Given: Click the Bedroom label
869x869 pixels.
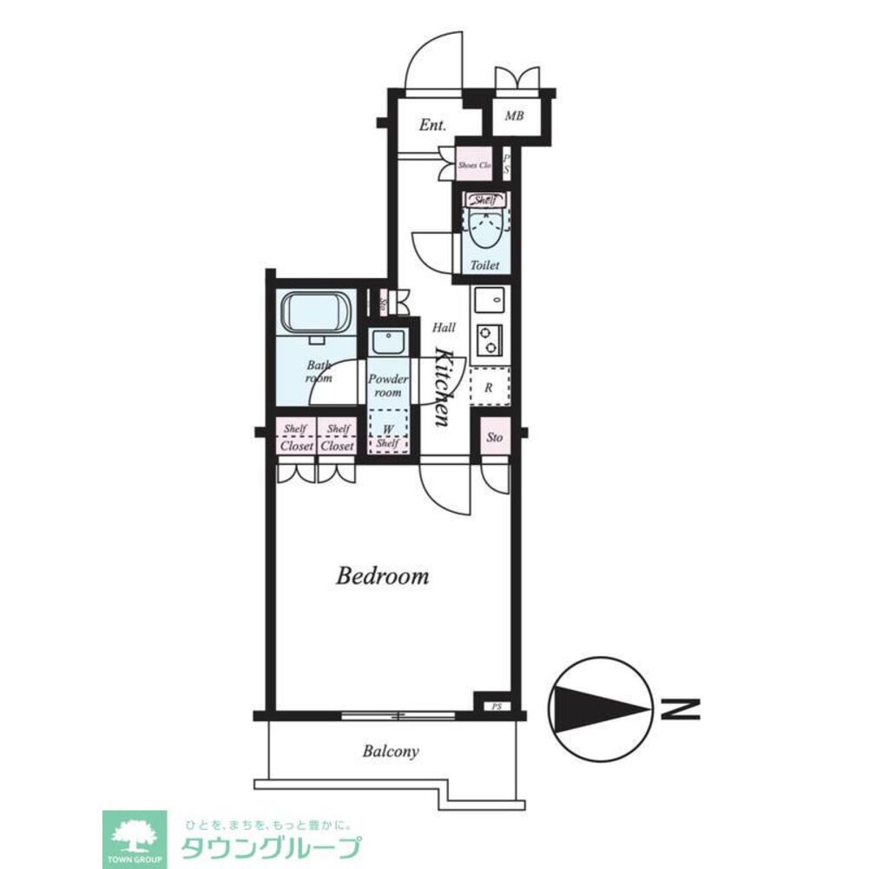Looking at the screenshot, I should tap(382, 575).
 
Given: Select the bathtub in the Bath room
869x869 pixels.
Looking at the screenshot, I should tap(313, 312).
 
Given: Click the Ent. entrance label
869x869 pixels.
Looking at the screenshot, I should tap(432, 125).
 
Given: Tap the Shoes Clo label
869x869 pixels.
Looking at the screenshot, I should tap(475, 164).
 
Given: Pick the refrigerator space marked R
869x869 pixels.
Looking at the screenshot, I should tap(489, 388).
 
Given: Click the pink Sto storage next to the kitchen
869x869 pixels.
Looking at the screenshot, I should tap(494, 437).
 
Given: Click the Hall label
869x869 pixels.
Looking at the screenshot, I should tap(444, 328).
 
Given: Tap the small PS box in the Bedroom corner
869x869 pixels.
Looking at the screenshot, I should tap(497, 706).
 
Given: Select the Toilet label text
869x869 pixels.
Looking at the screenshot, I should tap(484, 266).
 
